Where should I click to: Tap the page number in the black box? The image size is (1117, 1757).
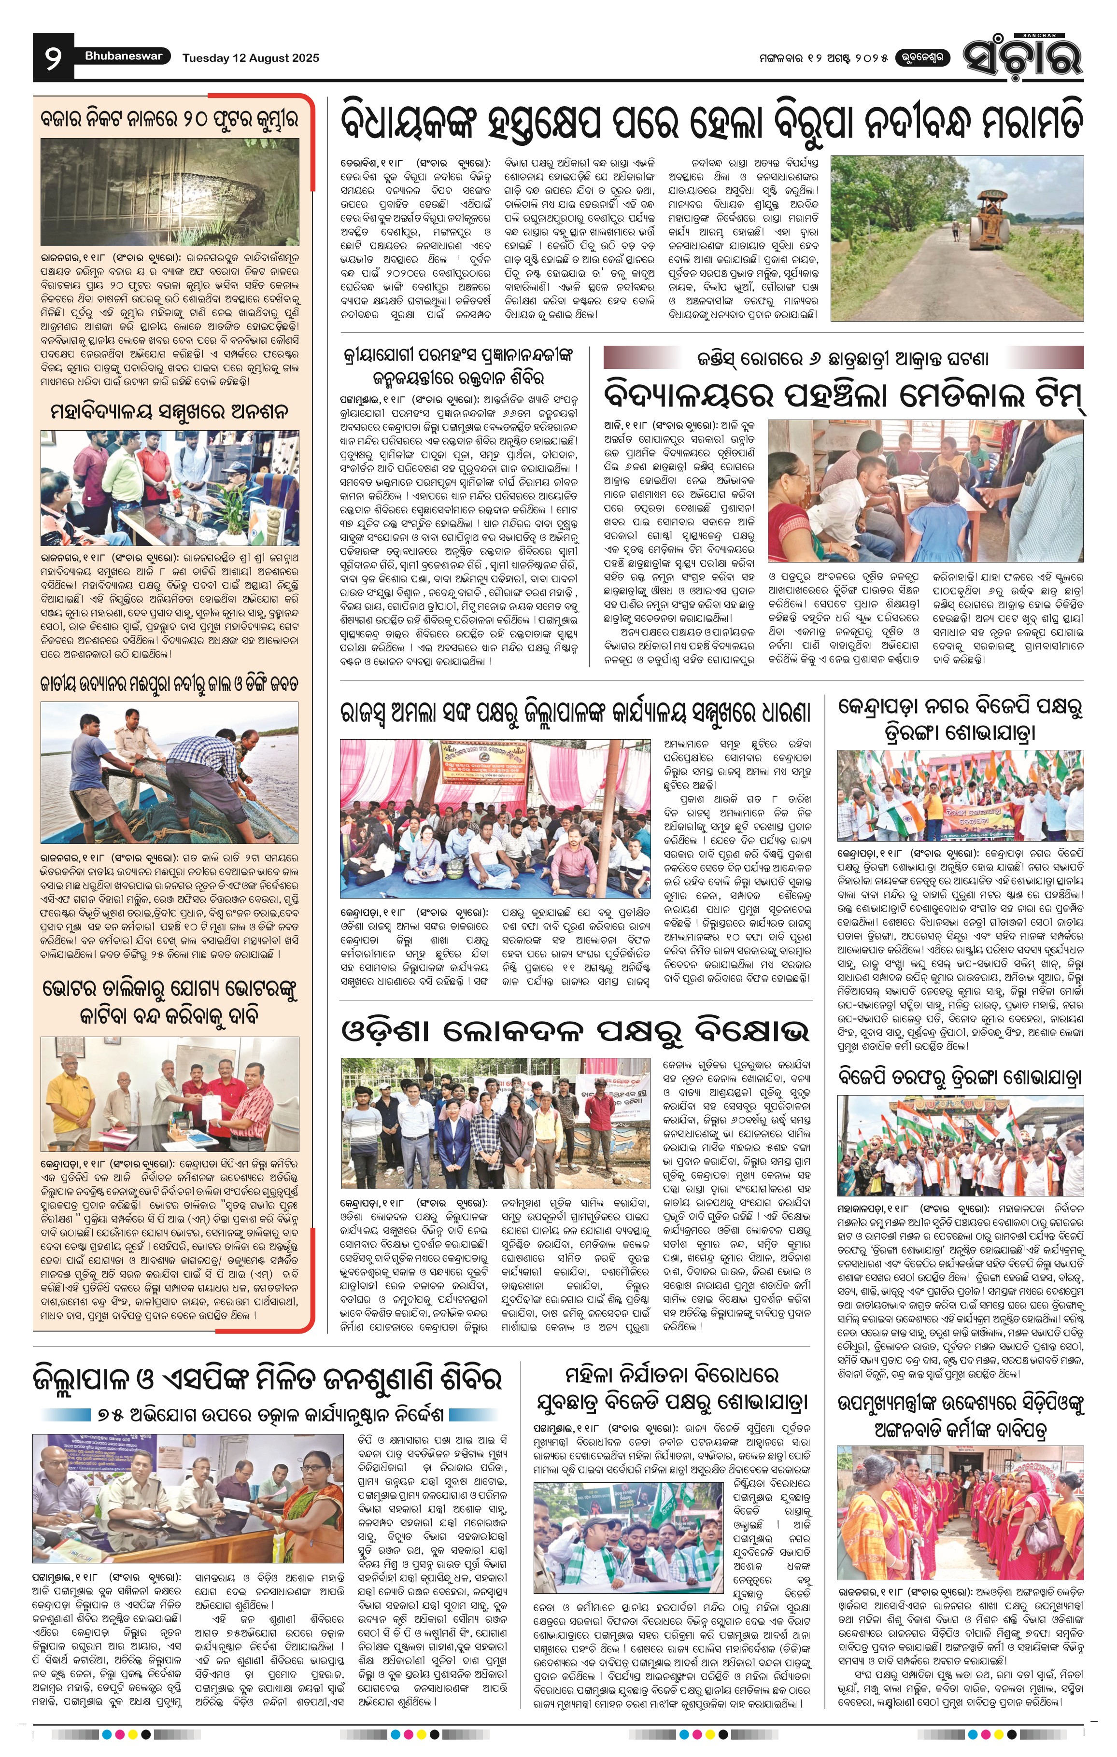(53, 57)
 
